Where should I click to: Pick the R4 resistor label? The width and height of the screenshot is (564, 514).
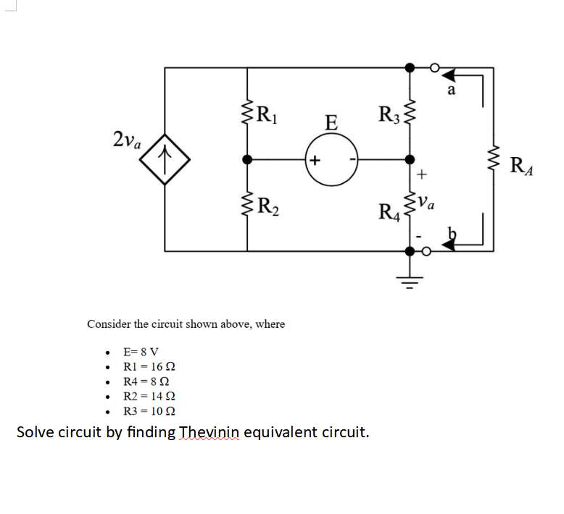tap(388, 213)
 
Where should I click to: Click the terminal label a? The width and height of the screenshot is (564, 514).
tap(451, 90)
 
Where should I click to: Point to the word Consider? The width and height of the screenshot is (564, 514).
tap(109, 324)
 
